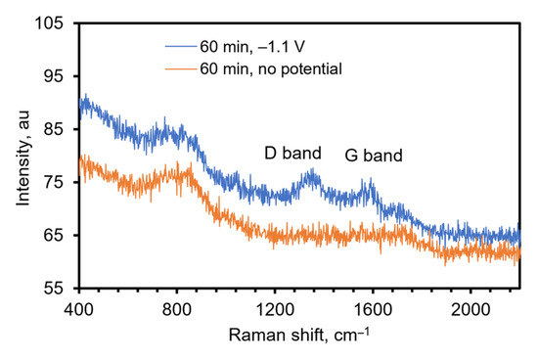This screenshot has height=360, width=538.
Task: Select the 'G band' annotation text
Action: (374, 155)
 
